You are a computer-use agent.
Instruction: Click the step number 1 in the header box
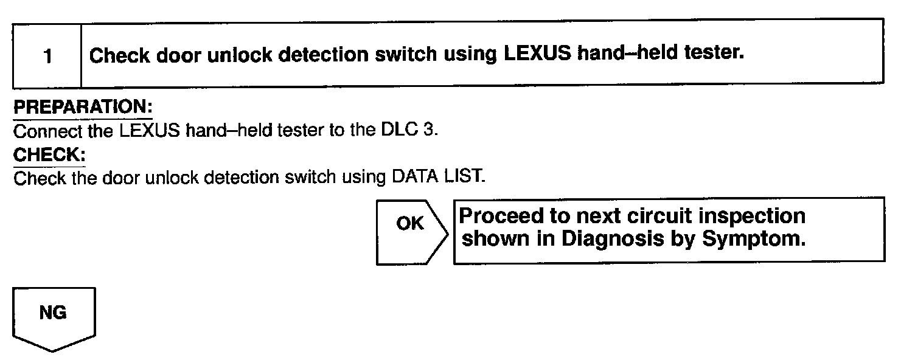click(47, 57)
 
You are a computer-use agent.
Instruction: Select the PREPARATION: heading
click(83, 108)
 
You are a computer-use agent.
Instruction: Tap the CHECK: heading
click(49, 155)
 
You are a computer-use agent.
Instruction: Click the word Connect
click(47, 131)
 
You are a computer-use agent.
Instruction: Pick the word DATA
click(414, 178)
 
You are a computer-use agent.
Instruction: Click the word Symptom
click(754, 239)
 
